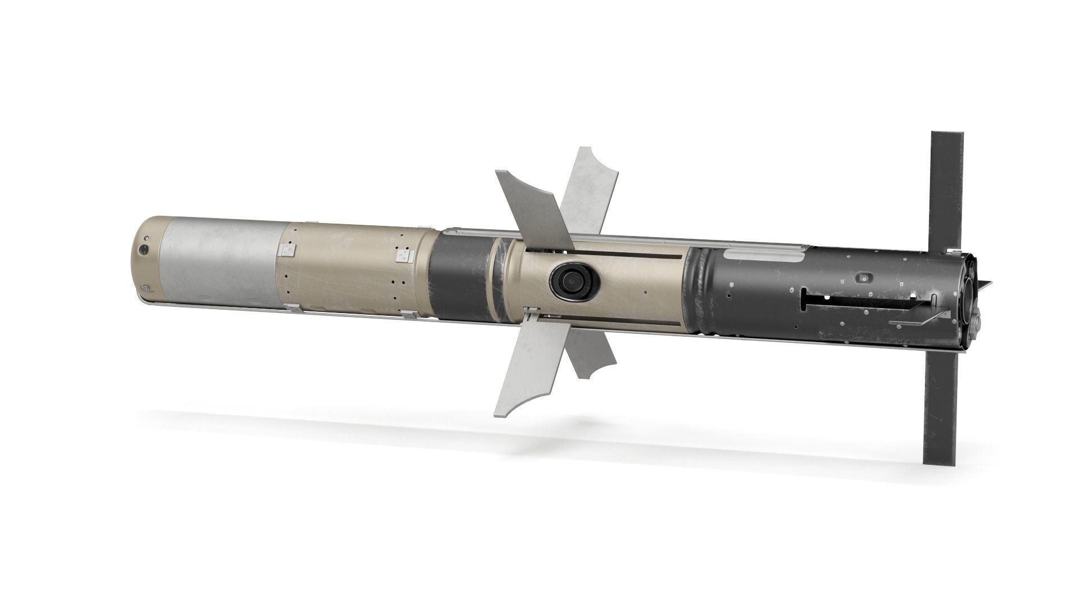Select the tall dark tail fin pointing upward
(x=947, y=185)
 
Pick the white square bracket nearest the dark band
(x=404, y=257)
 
